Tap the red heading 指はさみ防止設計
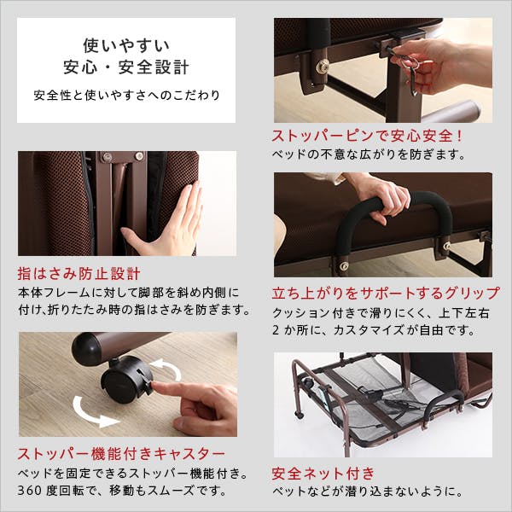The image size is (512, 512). [79, 275]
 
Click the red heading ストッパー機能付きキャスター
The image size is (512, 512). [122, 452]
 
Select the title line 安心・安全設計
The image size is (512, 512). [125, 67]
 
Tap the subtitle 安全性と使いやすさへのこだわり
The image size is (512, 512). [125, 95]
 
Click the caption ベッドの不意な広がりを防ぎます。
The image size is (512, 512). [369, 155]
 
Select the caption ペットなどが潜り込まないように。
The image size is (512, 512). [368, 492]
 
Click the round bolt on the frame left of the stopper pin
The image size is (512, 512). [323, 65]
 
